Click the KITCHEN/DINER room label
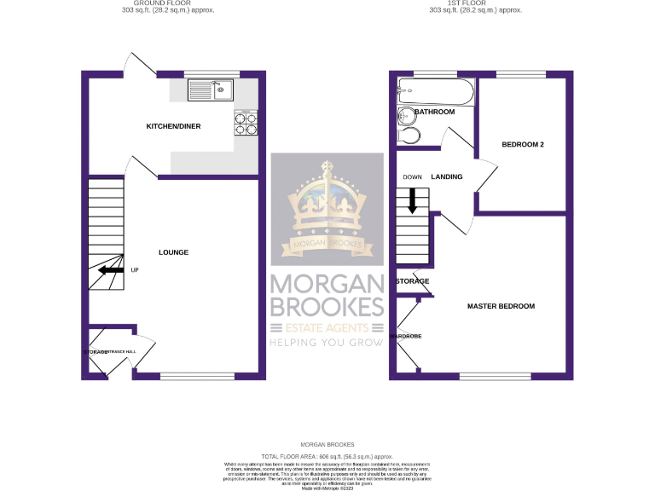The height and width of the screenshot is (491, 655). tap(173, 126)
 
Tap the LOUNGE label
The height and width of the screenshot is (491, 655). tap(173, 252)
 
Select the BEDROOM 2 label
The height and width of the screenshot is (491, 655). tap(522, 145)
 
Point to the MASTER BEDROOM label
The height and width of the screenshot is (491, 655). tap(500, 306)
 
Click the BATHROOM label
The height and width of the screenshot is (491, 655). tap(434, 112)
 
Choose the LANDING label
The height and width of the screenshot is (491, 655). tap(447, 177)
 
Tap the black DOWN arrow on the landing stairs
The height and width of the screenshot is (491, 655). tap(413, 201)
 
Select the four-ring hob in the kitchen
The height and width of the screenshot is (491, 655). tap(246, 123)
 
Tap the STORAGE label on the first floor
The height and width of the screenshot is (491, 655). tap(412, 280)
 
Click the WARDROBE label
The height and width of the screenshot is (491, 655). tap(407, 337)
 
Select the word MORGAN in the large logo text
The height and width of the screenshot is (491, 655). tap(327, 284)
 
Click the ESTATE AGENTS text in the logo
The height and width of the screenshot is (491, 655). tap(327, 328)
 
